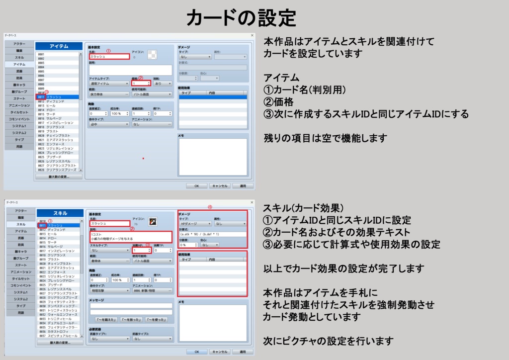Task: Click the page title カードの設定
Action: [241, 18]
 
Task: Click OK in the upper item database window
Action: [197, 185]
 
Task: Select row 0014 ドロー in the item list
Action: [55, 109]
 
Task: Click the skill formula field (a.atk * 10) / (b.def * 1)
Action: [213, 234]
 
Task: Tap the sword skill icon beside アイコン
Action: [153, 221]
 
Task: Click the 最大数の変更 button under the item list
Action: [59, 177]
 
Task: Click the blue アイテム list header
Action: [59, 46]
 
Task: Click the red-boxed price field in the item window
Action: [141, 84]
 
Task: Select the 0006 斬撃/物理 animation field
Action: [152, 291]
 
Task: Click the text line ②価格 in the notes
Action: [281, 102]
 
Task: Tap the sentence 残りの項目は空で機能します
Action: [325, 138]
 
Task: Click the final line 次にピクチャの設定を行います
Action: [329, 341]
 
